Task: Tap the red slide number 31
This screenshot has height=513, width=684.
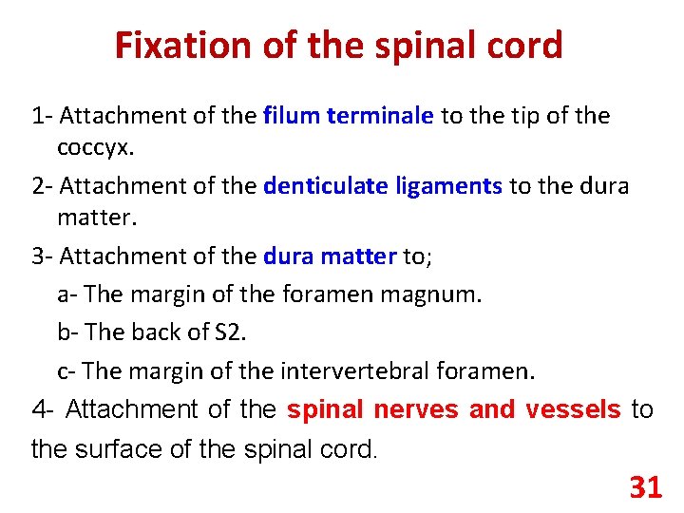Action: (x=645, y=488)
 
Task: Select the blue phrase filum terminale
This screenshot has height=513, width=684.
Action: (x=349, y=116)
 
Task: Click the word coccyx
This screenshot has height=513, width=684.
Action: (x=95, y=148)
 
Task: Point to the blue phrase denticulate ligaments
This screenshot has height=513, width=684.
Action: (x=383, y=185)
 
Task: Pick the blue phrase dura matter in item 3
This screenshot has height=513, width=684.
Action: (x=330, y=256)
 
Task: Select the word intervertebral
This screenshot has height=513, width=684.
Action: (x=355, y=370)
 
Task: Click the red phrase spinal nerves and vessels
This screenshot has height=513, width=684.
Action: (x=454, y=409)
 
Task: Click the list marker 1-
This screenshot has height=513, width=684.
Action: (x=42, y=116)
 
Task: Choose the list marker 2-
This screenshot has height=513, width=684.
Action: (x=42, y=185)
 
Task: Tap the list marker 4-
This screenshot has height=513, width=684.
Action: (x=45, y=409)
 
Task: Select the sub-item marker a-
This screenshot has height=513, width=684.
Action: (x=67, y=294)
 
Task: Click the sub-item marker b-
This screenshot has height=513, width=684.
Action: (x=68, y=332)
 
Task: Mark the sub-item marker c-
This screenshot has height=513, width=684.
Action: (x=67, y=370)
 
